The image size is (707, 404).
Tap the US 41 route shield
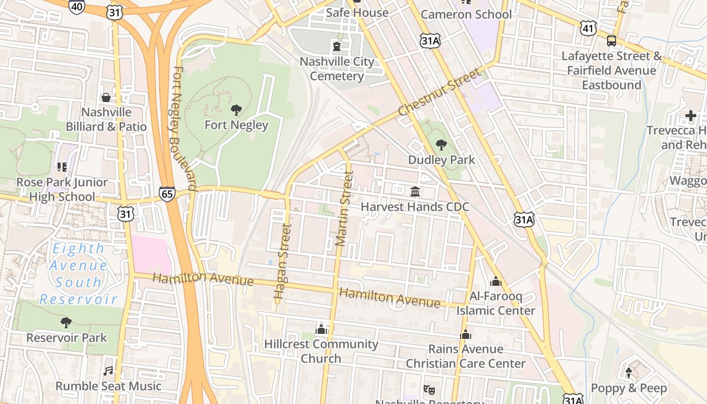[587, 28]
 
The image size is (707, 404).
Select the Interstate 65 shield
[167, 193]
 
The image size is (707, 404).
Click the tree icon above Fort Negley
[236, 110]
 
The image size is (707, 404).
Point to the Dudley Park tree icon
[441, 145]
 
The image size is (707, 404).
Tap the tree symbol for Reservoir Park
[66, 322]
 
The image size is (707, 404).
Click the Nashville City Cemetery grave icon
[336, 47]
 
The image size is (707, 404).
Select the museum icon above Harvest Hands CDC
[415, 192]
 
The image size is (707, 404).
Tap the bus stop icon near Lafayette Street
[612, 41]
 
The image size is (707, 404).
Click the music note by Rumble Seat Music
[108, 371]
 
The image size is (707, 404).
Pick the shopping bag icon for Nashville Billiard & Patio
[106, 97]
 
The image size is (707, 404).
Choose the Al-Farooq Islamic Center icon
[496, 281]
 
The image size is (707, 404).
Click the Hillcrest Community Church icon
[321, 330]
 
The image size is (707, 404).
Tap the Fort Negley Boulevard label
[184, 128]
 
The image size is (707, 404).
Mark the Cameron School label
[466, 14]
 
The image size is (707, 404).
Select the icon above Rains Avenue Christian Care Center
[466, 334]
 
